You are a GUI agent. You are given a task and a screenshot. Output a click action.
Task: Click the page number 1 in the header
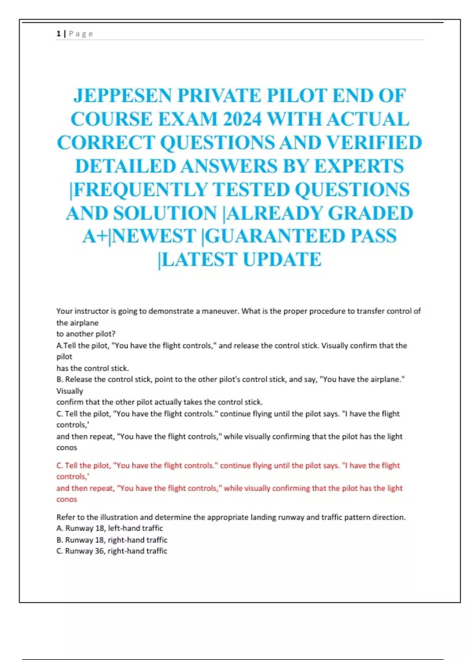pyautogui.click(x=58, y=34)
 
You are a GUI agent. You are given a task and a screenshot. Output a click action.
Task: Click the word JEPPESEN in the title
pyautogui.click(x=122, y=96)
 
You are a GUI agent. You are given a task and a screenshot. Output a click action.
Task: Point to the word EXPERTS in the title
pyautogui.click(x=358, y=166)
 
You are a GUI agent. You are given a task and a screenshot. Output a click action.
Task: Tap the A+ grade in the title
pyautogui.click(x=95, y=236)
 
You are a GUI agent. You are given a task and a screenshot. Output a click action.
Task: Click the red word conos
pyautogui.click(x=67, y=499)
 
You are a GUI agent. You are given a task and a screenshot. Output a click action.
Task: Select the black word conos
pyautogui.click(x=67, y=448)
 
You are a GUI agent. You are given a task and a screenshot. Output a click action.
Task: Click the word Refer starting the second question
pyautogui.click(x=65, y=517)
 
